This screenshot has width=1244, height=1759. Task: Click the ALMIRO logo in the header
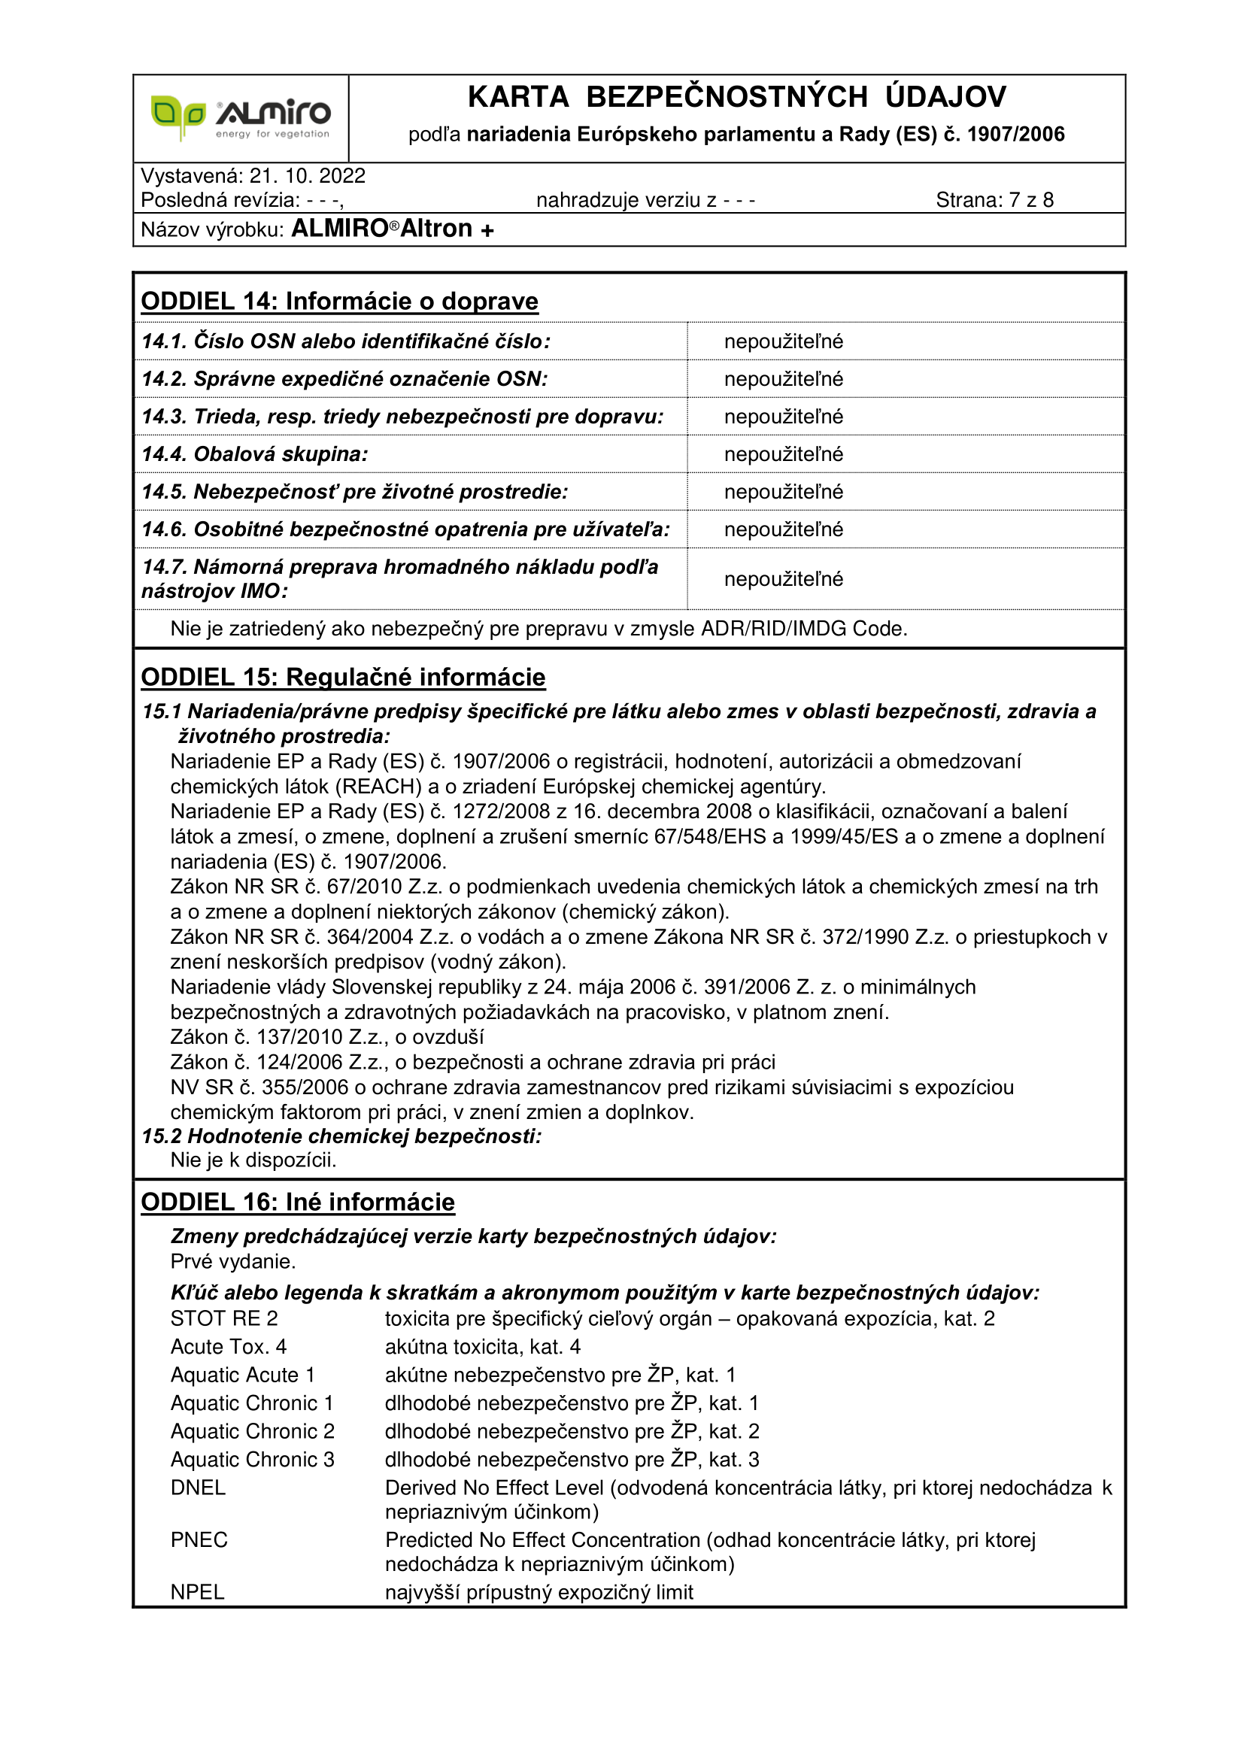(241, 118)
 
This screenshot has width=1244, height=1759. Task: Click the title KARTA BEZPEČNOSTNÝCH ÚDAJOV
(736, 97)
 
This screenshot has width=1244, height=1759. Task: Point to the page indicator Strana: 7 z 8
(994, 200)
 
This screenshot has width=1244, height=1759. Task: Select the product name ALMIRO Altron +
(392, 229)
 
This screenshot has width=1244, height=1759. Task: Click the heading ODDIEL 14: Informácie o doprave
(339, 301)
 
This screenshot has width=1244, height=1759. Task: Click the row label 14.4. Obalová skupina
(254, 454)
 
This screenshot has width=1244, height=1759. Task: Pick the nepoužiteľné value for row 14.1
(784, 341)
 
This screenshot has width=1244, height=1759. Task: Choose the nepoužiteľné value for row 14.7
(784, 579)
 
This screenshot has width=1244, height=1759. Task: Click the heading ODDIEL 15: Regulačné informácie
(343, 678)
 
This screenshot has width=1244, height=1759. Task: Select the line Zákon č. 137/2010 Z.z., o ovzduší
(327, 1037)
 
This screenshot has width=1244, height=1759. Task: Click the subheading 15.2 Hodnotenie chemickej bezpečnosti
(341, 1136)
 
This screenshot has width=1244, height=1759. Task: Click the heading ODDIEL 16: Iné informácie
(298, 1202)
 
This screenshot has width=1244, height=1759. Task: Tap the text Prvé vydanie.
(233, 1262)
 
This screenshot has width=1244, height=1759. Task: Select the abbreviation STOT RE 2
(223, 1318)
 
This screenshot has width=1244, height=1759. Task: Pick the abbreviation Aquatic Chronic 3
(252, 1460)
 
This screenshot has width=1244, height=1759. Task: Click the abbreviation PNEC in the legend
(199, 1540)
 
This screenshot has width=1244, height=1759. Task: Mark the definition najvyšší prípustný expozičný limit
(539, 1592)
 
